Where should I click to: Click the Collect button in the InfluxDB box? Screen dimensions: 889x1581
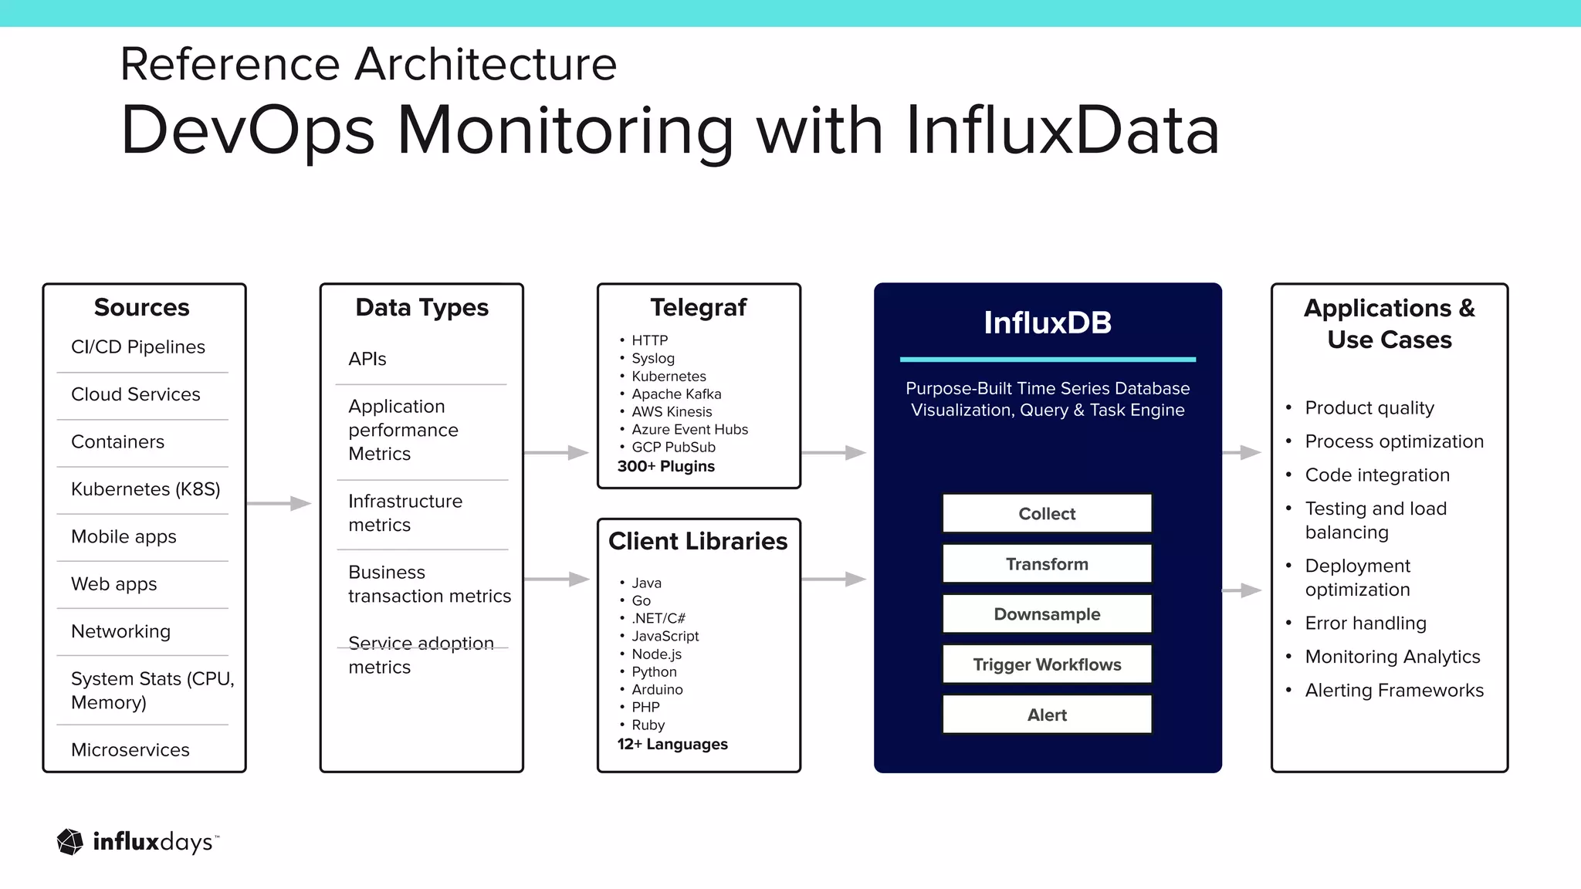pyautogui.click(x=1047, y=514)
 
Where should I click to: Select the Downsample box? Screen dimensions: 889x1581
pyautogui.click(x=1047, y=614)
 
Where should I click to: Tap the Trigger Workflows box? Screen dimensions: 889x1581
pyautogui.click(x=1047, y=664)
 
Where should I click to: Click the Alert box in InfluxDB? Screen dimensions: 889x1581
pyautogui.click(x=1047, y=715)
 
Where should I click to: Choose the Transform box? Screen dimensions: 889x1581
pyautogui.click(x=1047, y=564)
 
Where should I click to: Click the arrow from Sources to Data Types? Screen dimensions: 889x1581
pyautogui.click(x=279, y=504)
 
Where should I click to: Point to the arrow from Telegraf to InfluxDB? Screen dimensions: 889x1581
pyautogui.click(x=834, y=453)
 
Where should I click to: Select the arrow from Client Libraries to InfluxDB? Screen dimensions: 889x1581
pyautogui.click(x=834, y=579)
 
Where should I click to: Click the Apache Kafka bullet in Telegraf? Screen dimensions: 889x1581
pyautogui.click(x=676, y=394)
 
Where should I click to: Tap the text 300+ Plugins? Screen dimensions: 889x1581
pyautogui.click(x=666, y=467)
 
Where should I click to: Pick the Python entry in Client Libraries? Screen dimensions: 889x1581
pyautogui.click(x=654, y=672)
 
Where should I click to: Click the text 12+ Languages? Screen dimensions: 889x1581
pyautogui.click(x=672, y=745)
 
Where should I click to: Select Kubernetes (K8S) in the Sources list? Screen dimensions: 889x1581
pyautogui.click(x=145, y=489)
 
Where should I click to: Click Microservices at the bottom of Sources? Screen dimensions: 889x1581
pyautogui.click(x=130, y=750)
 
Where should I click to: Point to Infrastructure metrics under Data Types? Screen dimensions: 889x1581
pyautogui.click(x=405, y=513)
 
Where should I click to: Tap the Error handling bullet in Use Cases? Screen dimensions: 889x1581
pyautogui.click(x=1365, y=624)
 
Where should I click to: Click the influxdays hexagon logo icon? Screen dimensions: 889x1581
pyautogui.click(x=70, y=842)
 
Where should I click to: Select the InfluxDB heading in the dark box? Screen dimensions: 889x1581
pyautogui.click(x=1047, y=323)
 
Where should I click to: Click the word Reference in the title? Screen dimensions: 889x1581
pyautogui.click(x=230, y=64)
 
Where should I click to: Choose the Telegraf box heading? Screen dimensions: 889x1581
pyautogui.click(x=698, y=307)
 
